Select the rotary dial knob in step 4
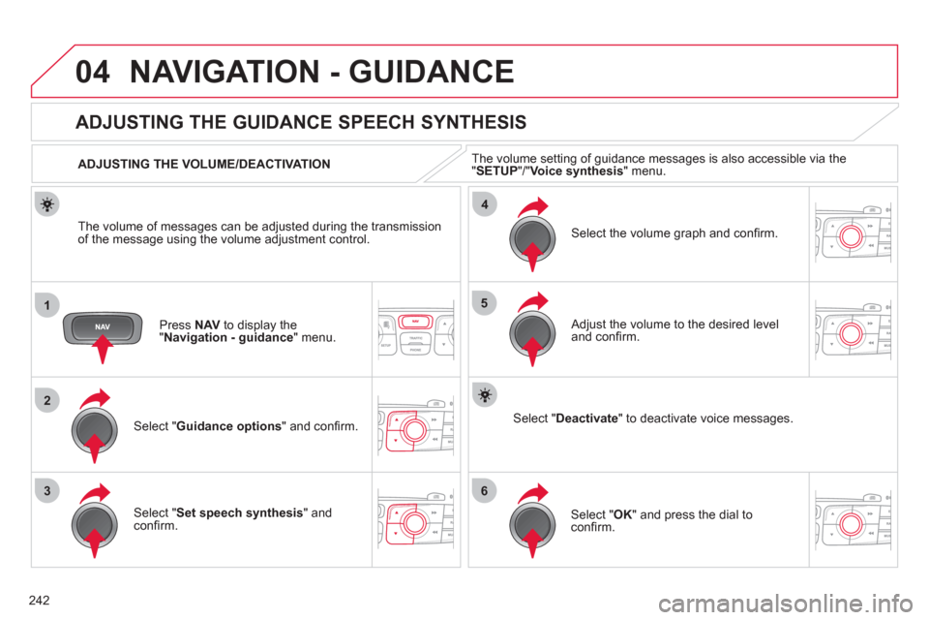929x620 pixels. (532, 235)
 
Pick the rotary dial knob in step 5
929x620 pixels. (532, 329)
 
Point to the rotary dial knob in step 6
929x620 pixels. (532, 520)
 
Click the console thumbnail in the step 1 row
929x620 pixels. (415, 329)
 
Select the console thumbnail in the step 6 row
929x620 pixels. (853, 520)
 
